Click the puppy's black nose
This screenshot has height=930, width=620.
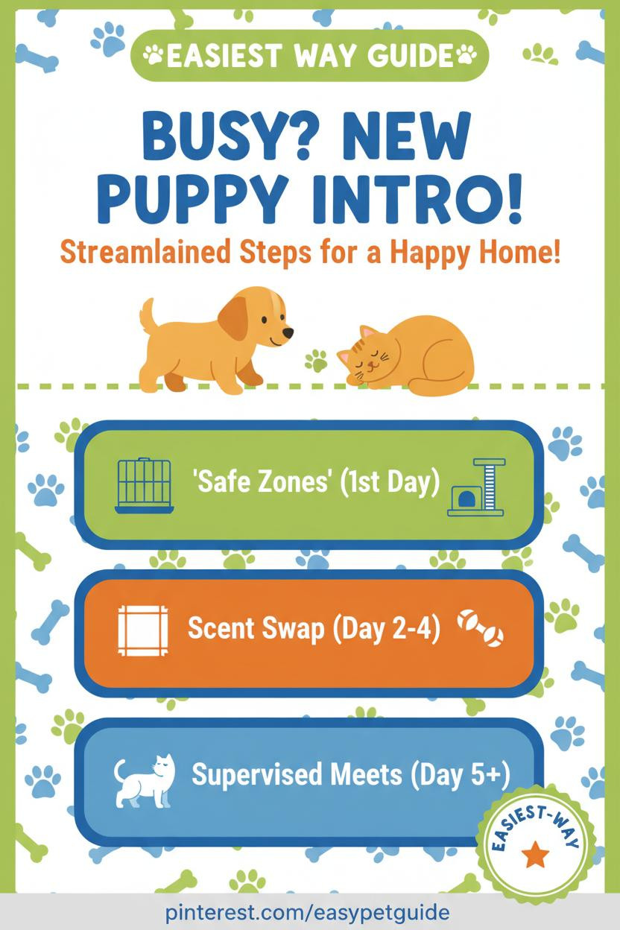click(288, 332)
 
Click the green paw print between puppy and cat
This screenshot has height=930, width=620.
click(316, 361)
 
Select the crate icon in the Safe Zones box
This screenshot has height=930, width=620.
click(144, 486)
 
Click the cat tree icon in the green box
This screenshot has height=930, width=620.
click(476, 487)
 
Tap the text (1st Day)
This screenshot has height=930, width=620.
click(389, 482)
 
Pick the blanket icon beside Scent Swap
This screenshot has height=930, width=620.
click(143, 630)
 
